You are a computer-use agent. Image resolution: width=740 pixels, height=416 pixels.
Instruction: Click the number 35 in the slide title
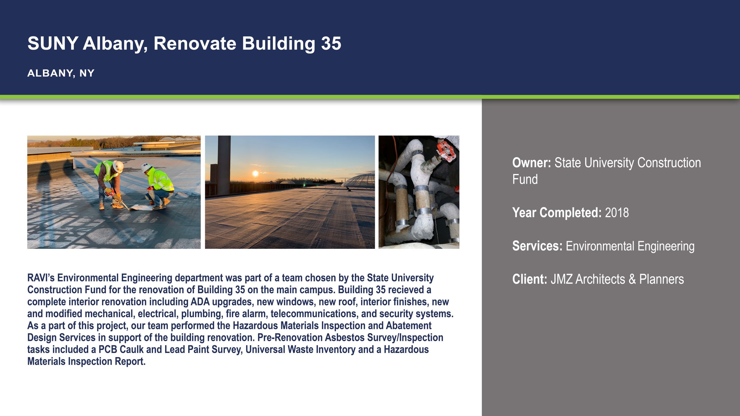pos(331,44)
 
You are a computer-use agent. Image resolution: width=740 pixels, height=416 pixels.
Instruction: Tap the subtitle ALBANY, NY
pos(61,73)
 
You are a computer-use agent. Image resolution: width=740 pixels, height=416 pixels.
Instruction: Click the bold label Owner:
pos(531,163)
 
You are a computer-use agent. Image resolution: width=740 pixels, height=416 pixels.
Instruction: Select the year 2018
pos(617,213)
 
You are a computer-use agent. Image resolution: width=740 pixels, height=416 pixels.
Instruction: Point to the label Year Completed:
pos(556,213)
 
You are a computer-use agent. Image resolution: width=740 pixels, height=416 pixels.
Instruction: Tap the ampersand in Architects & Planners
pos(632,279)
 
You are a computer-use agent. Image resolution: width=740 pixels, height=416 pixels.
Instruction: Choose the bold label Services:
pos(537,246)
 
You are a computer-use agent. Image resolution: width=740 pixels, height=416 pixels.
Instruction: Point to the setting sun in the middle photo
pos(255,173)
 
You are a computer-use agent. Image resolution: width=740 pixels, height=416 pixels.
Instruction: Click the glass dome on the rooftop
pos(359,180)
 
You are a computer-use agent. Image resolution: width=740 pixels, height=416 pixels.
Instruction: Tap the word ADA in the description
pos(200,302)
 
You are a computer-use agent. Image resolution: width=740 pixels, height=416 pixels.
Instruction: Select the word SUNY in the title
pos(53,44)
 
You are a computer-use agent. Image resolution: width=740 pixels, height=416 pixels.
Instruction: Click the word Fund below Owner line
pos(525,180)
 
